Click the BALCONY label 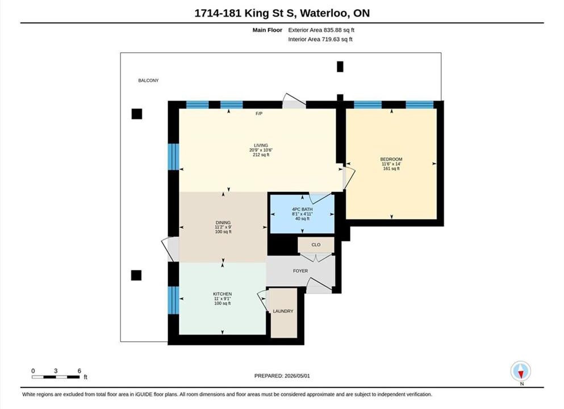pos(148,81)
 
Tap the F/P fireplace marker pos(259,114)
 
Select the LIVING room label pos(261,145)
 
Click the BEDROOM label pos(391,159)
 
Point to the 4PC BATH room pos(302,214)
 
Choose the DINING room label pos(223,223)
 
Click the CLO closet pos(316,245)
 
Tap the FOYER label pos(300,271)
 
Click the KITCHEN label pos(222,294)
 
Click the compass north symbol pos(520,372)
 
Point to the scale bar pos(56,377)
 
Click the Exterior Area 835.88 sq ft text pos(321,30)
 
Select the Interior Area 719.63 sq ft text pos(320,39)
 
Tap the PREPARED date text pos(282,376)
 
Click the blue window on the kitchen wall pos(173,300)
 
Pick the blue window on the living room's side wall pos(173,156)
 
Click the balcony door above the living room pos(294,102)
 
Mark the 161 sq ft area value pos(391,168)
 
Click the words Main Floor pos(268,30)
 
